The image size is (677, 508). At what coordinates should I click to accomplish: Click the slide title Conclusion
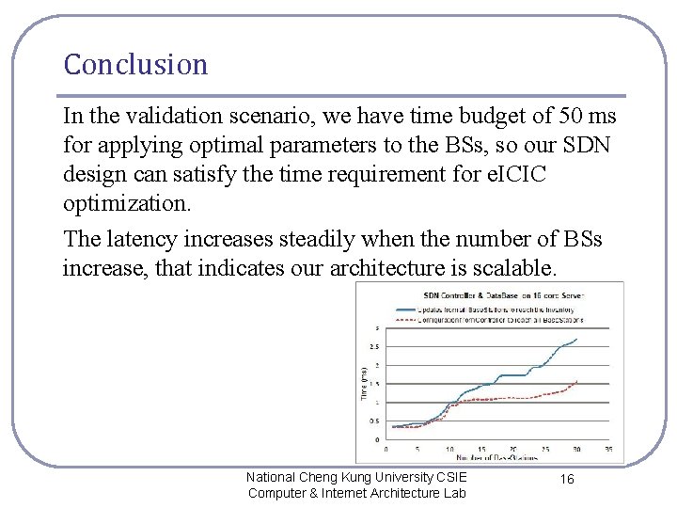click(135, 65)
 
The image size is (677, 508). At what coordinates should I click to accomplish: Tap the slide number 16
click(567, 479)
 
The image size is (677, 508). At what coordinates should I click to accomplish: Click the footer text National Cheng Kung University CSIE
click(356, 478)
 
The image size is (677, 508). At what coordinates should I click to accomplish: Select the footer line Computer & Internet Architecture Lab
click(356, 494)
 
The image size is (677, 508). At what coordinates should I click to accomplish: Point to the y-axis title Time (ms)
click(365, 383)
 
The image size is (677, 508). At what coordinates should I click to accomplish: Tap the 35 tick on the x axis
click(608, 449)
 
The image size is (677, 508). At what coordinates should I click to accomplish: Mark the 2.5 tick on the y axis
click(375, 346)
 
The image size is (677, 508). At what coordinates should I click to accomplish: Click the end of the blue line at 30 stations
click(576, 340)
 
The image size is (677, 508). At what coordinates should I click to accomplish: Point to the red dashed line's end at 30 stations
click(576, 381)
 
